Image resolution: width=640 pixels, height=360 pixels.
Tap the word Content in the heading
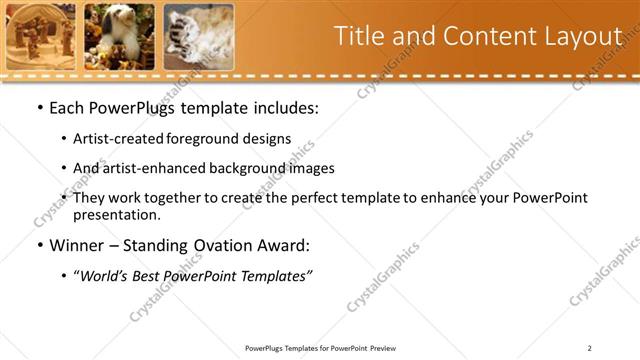484,36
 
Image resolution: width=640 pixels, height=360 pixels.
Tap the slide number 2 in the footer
589,348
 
